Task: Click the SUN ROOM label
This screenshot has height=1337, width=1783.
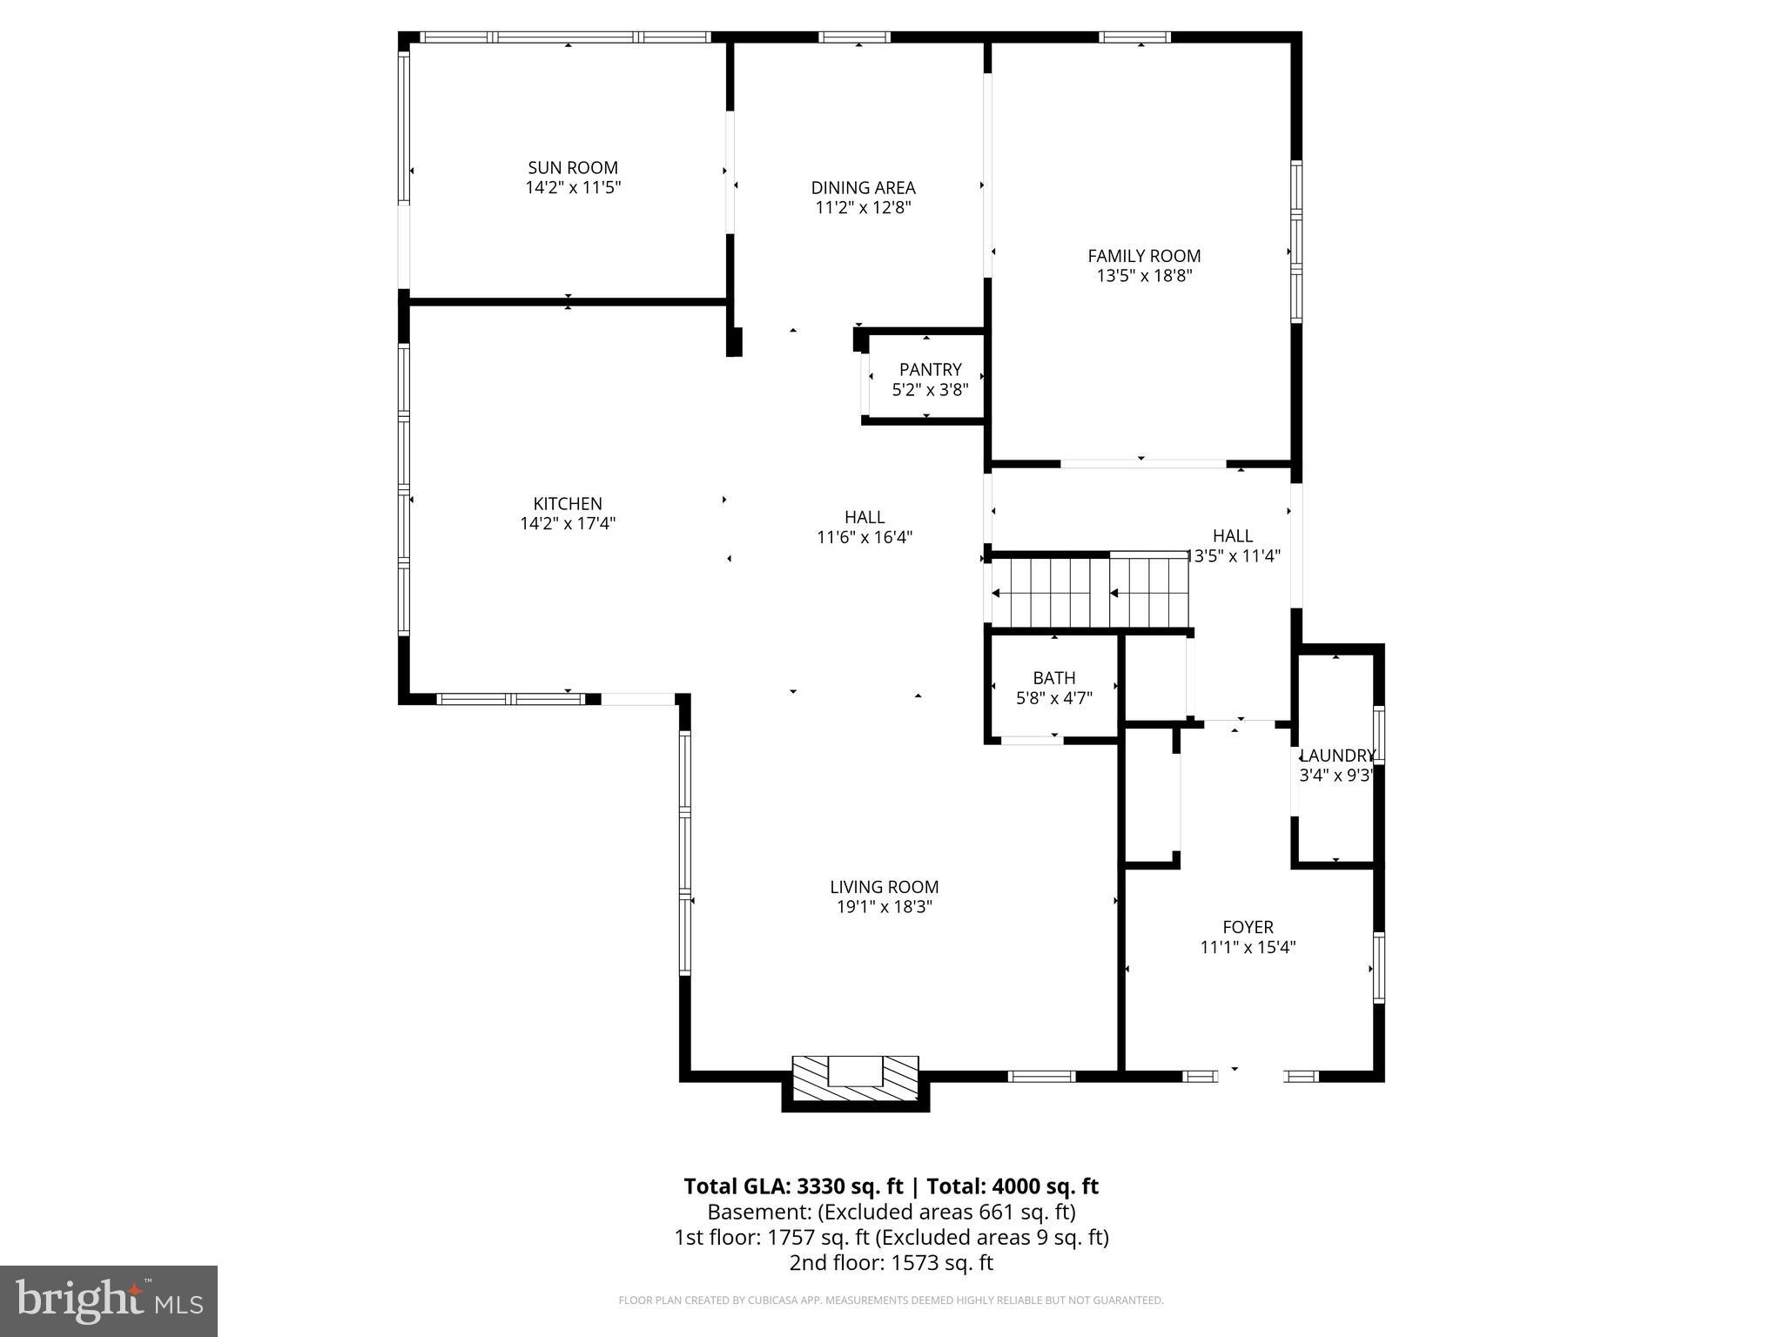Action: (573, 168)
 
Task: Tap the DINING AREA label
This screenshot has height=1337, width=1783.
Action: (863, 188)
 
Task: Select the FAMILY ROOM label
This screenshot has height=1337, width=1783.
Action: (1144, 256)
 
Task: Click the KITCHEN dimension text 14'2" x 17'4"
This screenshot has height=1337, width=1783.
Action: (568, 524)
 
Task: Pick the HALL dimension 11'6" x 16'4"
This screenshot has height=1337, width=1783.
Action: (864, 538)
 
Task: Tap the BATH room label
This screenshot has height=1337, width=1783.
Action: (1053, 678)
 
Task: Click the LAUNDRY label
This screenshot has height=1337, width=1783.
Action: (1336, 756)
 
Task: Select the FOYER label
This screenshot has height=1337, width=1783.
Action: (1248, 928)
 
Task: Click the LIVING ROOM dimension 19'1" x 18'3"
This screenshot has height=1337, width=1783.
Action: (884, 907)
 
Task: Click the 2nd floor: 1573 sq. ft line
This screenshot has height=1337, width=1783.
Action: (891, 1262)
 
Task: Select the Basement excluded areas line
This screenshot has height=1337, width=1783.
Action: (891, 1212)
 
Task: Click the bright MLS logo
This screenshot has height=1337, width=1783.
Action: (109, 1300)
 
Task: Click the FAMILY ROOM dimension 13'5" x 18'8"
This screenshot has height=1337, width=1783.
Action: (1144, 276)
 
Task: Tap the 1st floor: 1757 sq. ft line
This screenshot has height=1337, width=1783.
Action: (891, 1237)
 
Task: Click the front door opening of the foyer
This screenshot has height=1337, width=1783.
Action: (1250, 1076)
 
